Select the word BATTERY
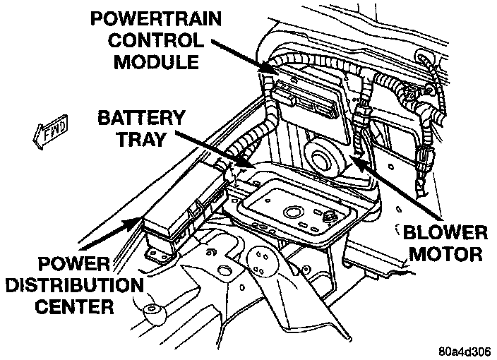(x=142, y=116)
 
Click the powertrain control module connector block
(x=304, y=100)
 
